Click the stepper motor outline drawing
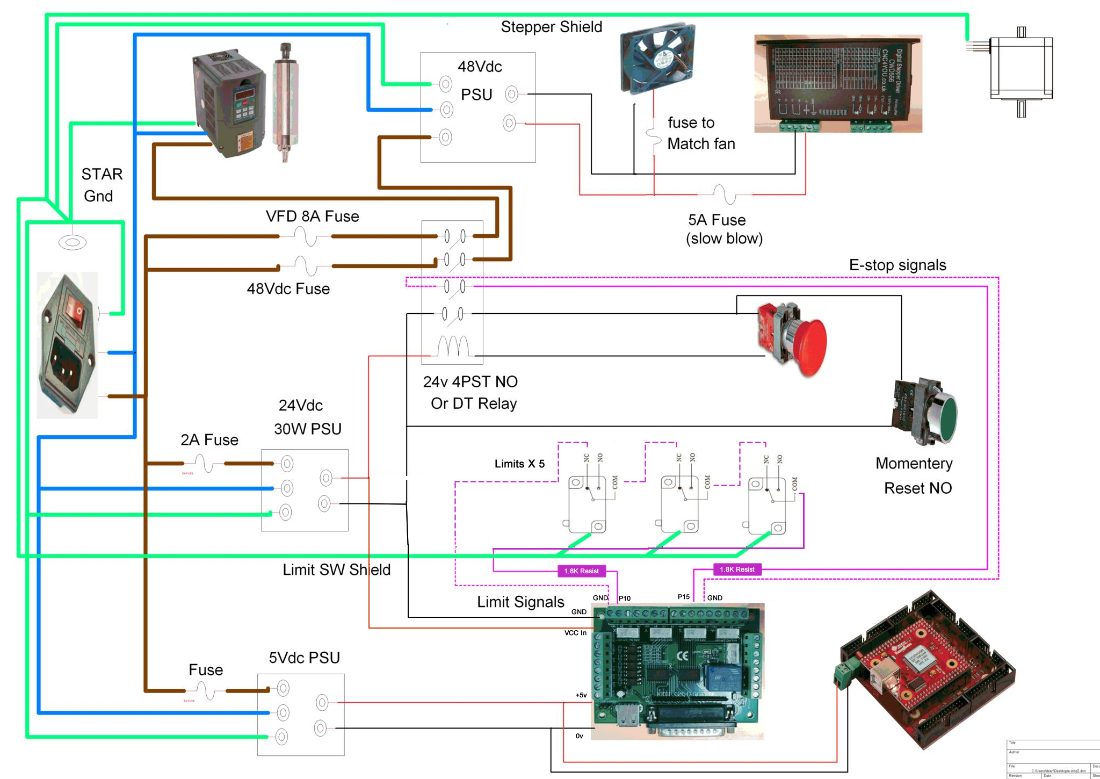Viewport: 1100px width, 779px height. [x=1021, y=68]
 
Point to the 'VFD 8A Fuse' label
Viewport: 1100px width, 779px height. [x=312, y=217]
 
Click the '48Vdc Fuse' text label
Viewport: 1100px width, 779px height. [x=288, y=289]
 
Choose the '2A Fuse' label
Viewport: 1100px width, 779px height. [x=209, y=440]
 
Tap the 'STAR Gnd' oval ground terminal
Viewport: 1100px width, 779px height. [x=73, y=243]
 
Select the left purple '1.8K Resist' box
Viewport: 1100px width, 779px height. [x=581, y=571]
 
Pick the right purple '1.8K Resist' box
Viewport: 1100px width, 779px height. [x=737, y=569]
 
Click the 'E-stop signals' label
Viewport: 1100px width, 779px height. [x=898, y=265]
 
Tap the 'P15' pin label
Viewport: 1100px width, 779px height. [x=684, y=597]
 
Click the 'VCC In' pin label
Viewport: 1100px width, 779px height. [x=575, y=633]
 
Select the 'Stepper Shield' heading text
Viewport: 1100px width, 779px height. [x=551, y=27]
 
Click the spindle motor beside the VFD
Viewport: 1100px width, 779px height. [x=285, y=102]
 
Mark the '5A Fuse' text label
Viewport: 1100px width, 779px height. [x=717, y=220]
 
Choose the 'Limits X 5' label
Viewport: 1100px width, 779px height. [x=519, y=464]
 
